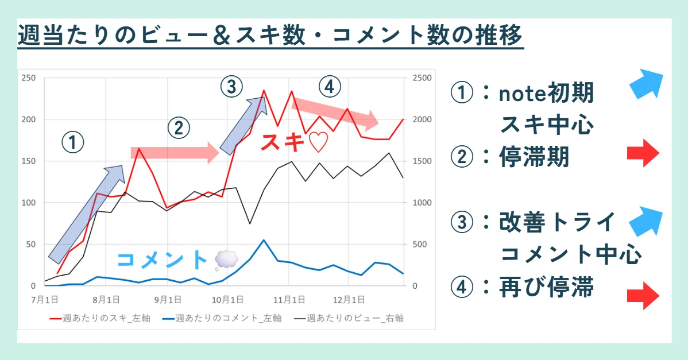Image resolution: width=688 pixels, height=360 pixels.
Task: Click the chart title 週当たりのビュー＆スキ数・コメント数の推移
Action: point(270,35)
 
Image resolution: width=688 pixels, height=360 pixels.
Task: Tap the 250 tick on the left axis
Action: point(29,78)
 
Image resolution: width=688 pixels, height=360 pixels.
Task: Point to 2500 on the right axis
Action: point(422,78)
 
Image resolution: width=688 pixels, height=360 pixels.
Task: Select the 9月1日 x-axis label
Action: point(168,300)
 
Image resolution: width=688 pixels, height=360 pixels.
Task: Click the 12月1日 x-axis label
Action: point(349,300)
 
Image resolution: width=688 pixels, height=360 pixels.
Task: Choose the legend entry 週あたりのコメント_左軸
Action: point(222,318)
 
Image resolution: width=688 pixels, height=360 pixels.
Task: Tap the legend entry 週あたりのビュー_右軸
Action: point(349,318)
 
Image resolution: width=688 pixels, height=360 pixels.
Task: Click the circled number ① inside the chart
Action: point(72,142)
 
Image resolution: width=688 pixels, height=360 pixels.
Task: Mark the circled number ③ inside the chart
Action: point(231,86)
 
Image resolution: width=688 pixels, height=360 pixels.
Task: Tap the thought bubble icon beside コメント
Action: point(226,260)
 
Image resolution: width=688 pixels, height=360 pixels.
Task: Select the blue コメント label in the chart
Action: point(163,260)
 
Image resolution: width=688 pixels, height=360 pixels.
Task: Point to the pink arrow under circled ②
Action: point(175,153)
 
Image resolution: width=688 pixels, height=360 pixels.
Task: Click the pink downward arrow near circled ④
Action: point(335,113)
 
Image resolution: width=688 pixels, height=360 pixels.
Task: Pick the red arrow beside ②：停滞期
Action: point(643,153)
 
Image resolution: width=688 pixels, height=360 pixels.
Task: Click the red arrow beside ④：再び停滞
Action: point(643,296)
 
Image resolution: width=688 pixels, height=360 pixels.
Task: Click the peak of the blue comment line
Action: point(263,240)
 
